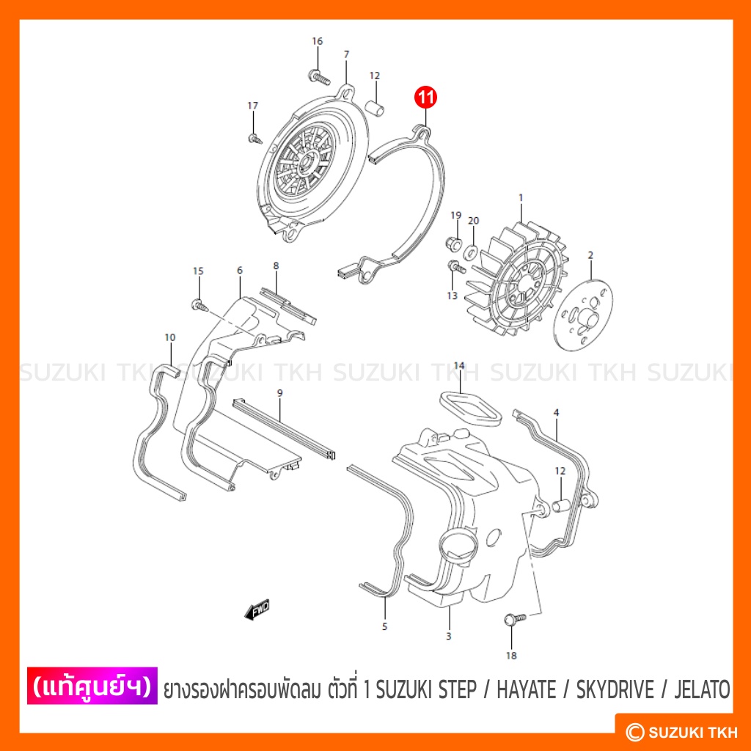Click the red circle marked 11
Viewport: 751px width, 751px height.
(x=426, y=98)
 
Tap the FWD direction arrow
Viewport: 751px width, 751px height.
(x=257, y=609)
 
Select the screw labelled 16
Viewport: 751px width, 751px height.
(x=320, y=77)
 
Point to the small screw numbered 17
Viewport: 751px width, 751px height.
(x=255, y=139)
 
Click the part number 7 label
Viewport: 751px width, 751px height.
(x=346, y=54)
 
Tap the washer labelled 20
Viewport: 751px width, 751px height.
(x=472, y=250)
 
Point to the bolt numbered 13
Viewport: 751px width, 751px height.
(x=456, y=267)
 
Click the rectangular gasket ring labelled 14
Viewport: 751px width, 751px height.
(x=471, y=408)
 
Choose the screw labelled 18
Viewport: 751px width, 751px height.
(x=515, y=619)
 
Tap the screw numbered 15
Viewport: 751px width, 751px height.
(x=199, y=305)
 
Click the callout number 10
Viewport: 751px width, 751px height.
(x=170, y=337)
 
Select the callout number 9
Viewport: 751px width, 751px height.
(x=279, y=393)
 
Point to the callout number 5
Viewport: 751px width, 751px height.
(x=384, y=626)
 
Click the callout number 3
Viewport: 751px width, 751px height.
(x=448, y=636)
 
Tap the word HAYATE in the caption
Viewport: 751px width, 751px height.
(x=527, y=689)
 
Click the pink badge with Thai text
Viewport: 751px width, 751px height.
(x=92, y=686)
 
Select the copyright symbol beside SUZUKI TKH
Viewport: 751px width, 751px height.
(x=635, y=732)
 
